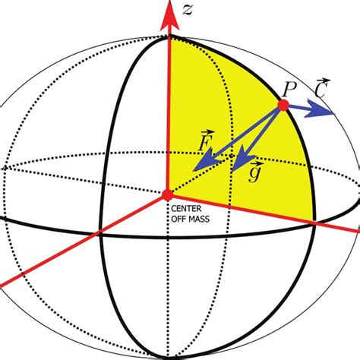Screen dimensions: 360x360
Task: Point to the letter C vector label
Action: (x=321, y=90)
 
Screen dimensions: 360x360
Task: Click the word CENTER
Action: (x=186, y=207)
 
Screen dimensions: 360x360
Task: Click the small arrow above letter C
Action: (x=322, y=80)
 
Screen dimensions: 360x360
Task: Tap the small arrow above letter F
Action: (x=206, y=132)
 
